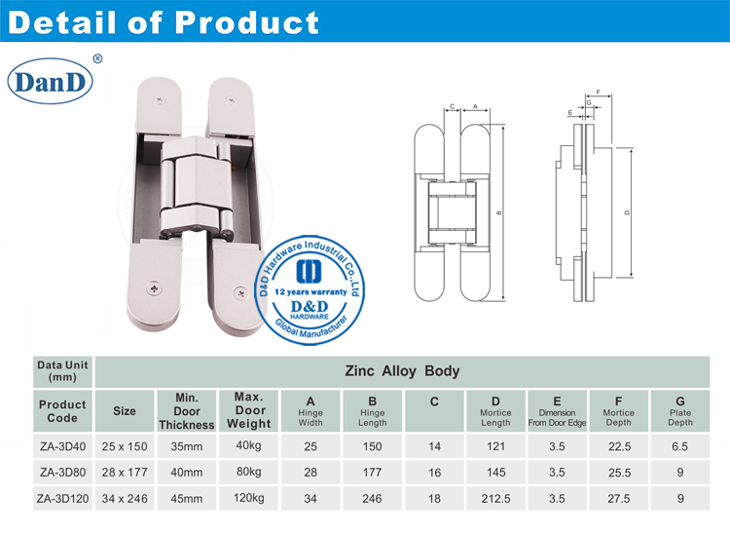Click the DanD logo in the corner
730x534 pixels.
51,81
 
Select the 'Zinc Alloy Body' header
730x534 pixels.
402,371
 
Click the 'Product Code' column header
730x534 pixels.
62,410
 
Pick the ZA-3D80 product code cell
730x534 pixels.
62,472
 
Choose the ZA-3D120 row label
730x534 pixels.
62,498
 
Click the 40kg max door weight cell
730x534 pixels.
249,445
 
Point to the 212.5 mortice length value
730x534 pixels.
495,498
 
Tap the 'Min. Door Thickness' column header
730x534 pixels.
187,410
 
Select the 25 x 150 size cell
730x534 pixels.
125,445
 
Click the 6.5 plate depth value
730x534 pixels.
679,445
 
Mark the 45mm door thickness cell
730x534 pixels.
187,498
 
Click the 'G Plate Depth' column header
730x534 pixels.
679,410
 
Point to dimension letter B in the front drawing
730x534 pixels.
499,212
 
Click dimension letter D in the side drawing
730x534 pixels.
627,212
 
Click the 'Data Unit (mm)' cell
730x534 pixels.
62,370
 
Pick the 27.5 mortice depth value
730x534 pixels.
618,498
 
